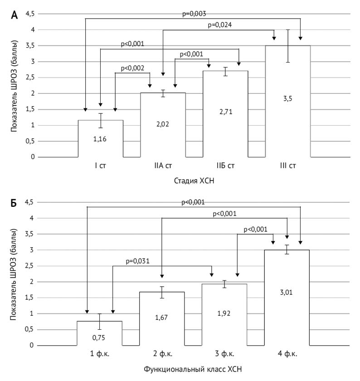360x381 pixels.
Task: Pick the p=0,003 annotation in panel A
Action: tap(194, 14)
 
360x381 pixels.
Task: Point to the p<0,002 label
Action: tap(132, 68)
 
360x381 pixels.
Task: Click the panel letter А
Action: tap(15, 15)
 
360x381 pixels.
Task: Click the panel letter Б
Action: tap(15, 204)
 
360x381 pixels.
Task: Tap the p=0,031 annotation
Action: tap(137, 261)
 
